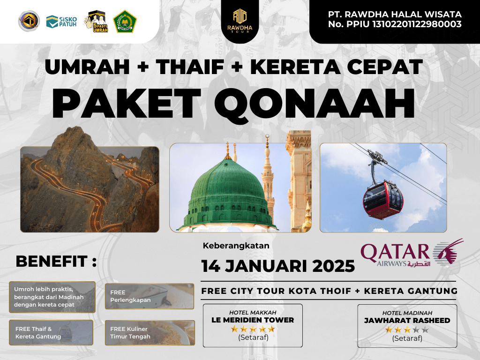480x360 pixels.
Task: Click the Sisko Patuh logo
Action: click(x=61, y=22)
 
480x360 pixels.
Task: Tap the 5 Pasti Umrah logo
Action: click(x=97, y=22)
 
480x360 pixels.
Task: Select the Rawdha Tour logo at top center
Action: click(x=240, y=21)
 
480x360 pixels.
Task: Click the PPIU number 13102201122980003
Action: click(x=417, y=24)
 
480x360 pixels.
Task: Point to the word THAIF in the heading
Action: click(x=190, y=67)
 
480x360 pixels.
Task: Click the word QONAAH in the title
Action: click(x=314, y=104)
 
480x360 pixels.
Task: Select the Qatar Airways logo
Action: click(x=412, y=253)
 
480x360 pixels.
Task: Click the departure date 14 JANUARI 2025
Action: click(x=278, y=266)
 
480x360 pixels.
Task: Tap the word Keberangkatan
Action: click(x=236, y=246)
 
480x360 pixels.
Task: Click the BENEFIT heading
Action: click(x=56, y=261)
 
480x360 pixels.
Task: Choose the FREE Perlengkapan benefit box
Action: click(x=150, y=296)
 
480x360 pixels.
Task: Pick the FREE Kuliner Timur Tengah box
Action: click(x=150, y=333)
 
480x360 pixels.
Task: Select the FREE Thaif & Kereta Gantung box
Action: click(x=51, y=332)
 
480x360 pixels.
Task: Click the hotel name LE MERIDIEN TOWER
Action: click(x=253, y=320)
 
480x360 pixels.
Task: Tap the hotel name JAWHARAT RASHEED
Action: click(x=407, y=321)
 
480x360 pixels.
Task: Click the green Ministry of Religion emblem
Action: click(x=125, y=22)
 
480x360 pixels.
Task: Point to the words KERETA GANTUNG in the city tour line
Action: click(x=411, y=291)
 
